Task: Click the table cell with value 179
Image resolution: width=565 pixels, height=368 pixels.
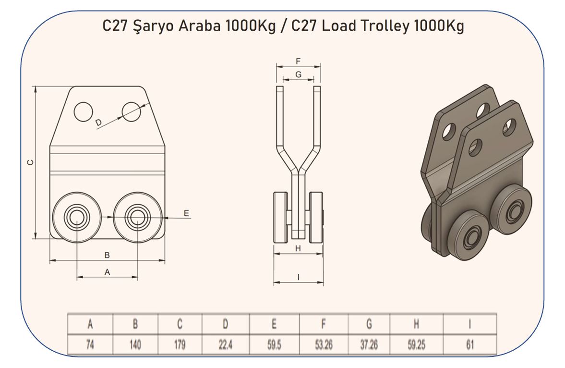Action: tap(180, 344)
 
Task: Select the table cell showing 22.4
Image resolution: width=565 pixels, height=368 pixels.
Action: tap(226, 344)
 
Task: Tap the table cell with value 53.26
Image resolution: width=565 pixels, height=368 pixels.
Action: tap(324, 344)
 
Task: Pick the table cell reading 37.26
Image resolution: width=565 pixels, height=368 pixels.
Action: tap(369, 344)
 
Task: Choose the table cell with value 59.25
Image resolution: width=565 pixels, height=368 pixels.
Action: tap(416, 344)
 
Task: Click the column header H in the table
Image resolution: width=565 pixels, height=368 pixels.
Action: tap(416, 324)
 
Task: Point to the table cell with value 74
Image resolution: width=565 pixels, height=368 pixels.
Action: tap(90, 344)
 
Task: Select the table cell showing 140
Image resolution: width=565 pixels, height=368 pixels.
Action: tap(135, 344)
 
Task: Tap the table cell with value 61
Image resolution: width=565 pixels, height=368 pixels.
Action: tap(470, 344)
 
